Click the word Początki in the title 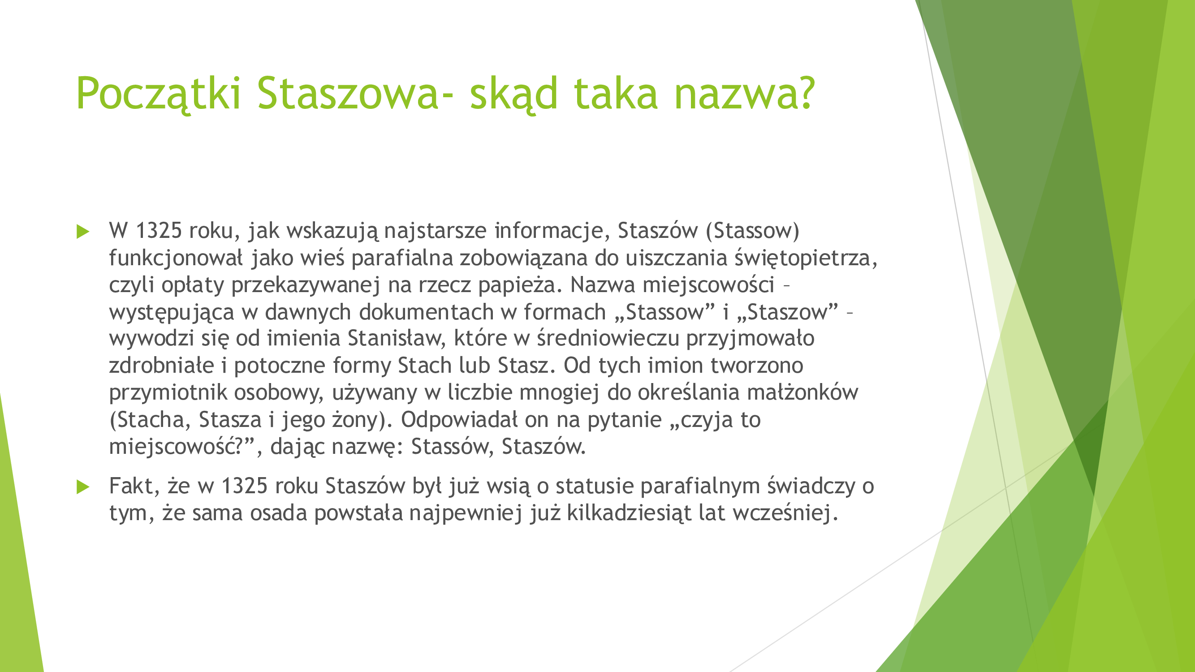(x=159, y=94)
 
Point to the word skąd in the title (x=513, y=94)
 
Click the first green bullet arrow (x=83, y=231)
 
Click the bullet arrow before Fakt (x=83, y=487)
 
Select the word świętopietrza (x=806, y=258)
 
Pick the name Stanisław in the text (x=397, y=338)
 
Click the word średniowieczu (x=608, y=338)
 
